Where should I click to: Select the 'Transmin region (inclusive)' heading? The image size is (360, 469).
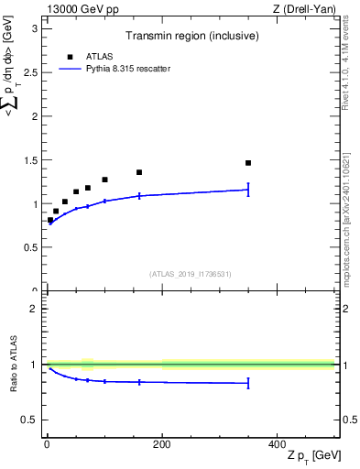pyautogui.click(x=190, y=36)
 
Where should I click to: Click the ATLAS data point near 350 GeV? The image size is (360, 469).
pyautogui.click(x=248, y=163)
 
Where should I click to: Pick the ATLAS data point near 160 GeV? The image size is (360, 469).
pyautogui.click(x=139, y=172)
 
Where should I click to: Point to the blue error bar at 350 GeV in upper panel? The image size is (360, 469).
pyautogui.click(x=248, y=190)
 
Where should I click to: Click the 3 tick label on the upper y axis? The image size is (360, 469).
pyautogui.click(x=33, y=28)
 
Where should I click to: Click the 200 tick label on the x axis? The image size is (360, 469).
pyautogui.click(x=161, y=443)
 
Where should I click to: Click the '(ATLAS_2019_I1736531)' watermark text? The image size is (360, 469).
pyautogui.click(x=190, y=273)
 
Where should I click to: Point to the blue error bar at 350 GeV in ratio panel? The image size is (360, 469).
pyautogui.click(x=248, y=384)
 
